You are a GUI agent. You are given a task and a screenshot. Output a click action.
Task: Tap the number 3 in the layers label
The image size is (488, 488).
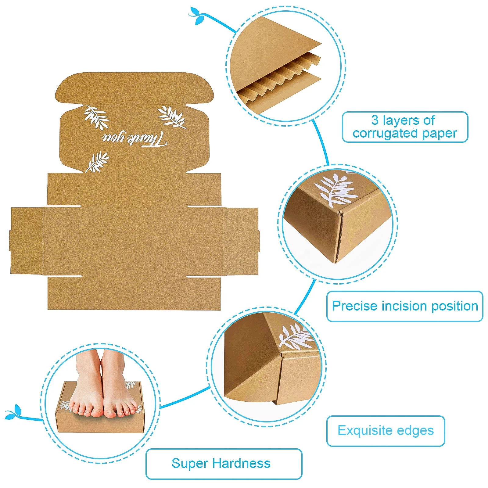pos(375,120)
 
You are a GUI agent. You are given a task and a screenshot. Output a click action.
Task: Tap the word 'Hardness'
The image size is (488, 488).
pos(241,463)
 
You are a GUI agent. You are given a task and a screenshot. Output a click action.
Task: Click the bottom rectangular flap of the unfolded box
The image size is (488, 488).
pos(134,293)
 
